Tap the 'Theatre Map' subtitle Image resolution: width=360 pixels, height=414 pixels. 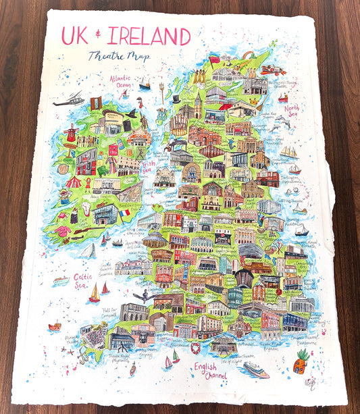[118, 56]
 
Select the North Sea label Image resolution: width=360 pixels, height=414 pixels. [291, 111]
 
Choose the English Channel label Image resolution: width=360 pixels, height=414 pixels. [208, 369]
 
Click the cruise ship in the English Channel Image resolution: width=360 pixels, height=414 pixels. [255, 369]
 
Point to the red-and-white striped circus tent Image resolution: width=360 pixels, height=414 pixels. [74, 182]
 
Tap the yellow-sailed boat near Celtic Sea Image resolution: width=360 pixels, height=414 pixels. [95, 293]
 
